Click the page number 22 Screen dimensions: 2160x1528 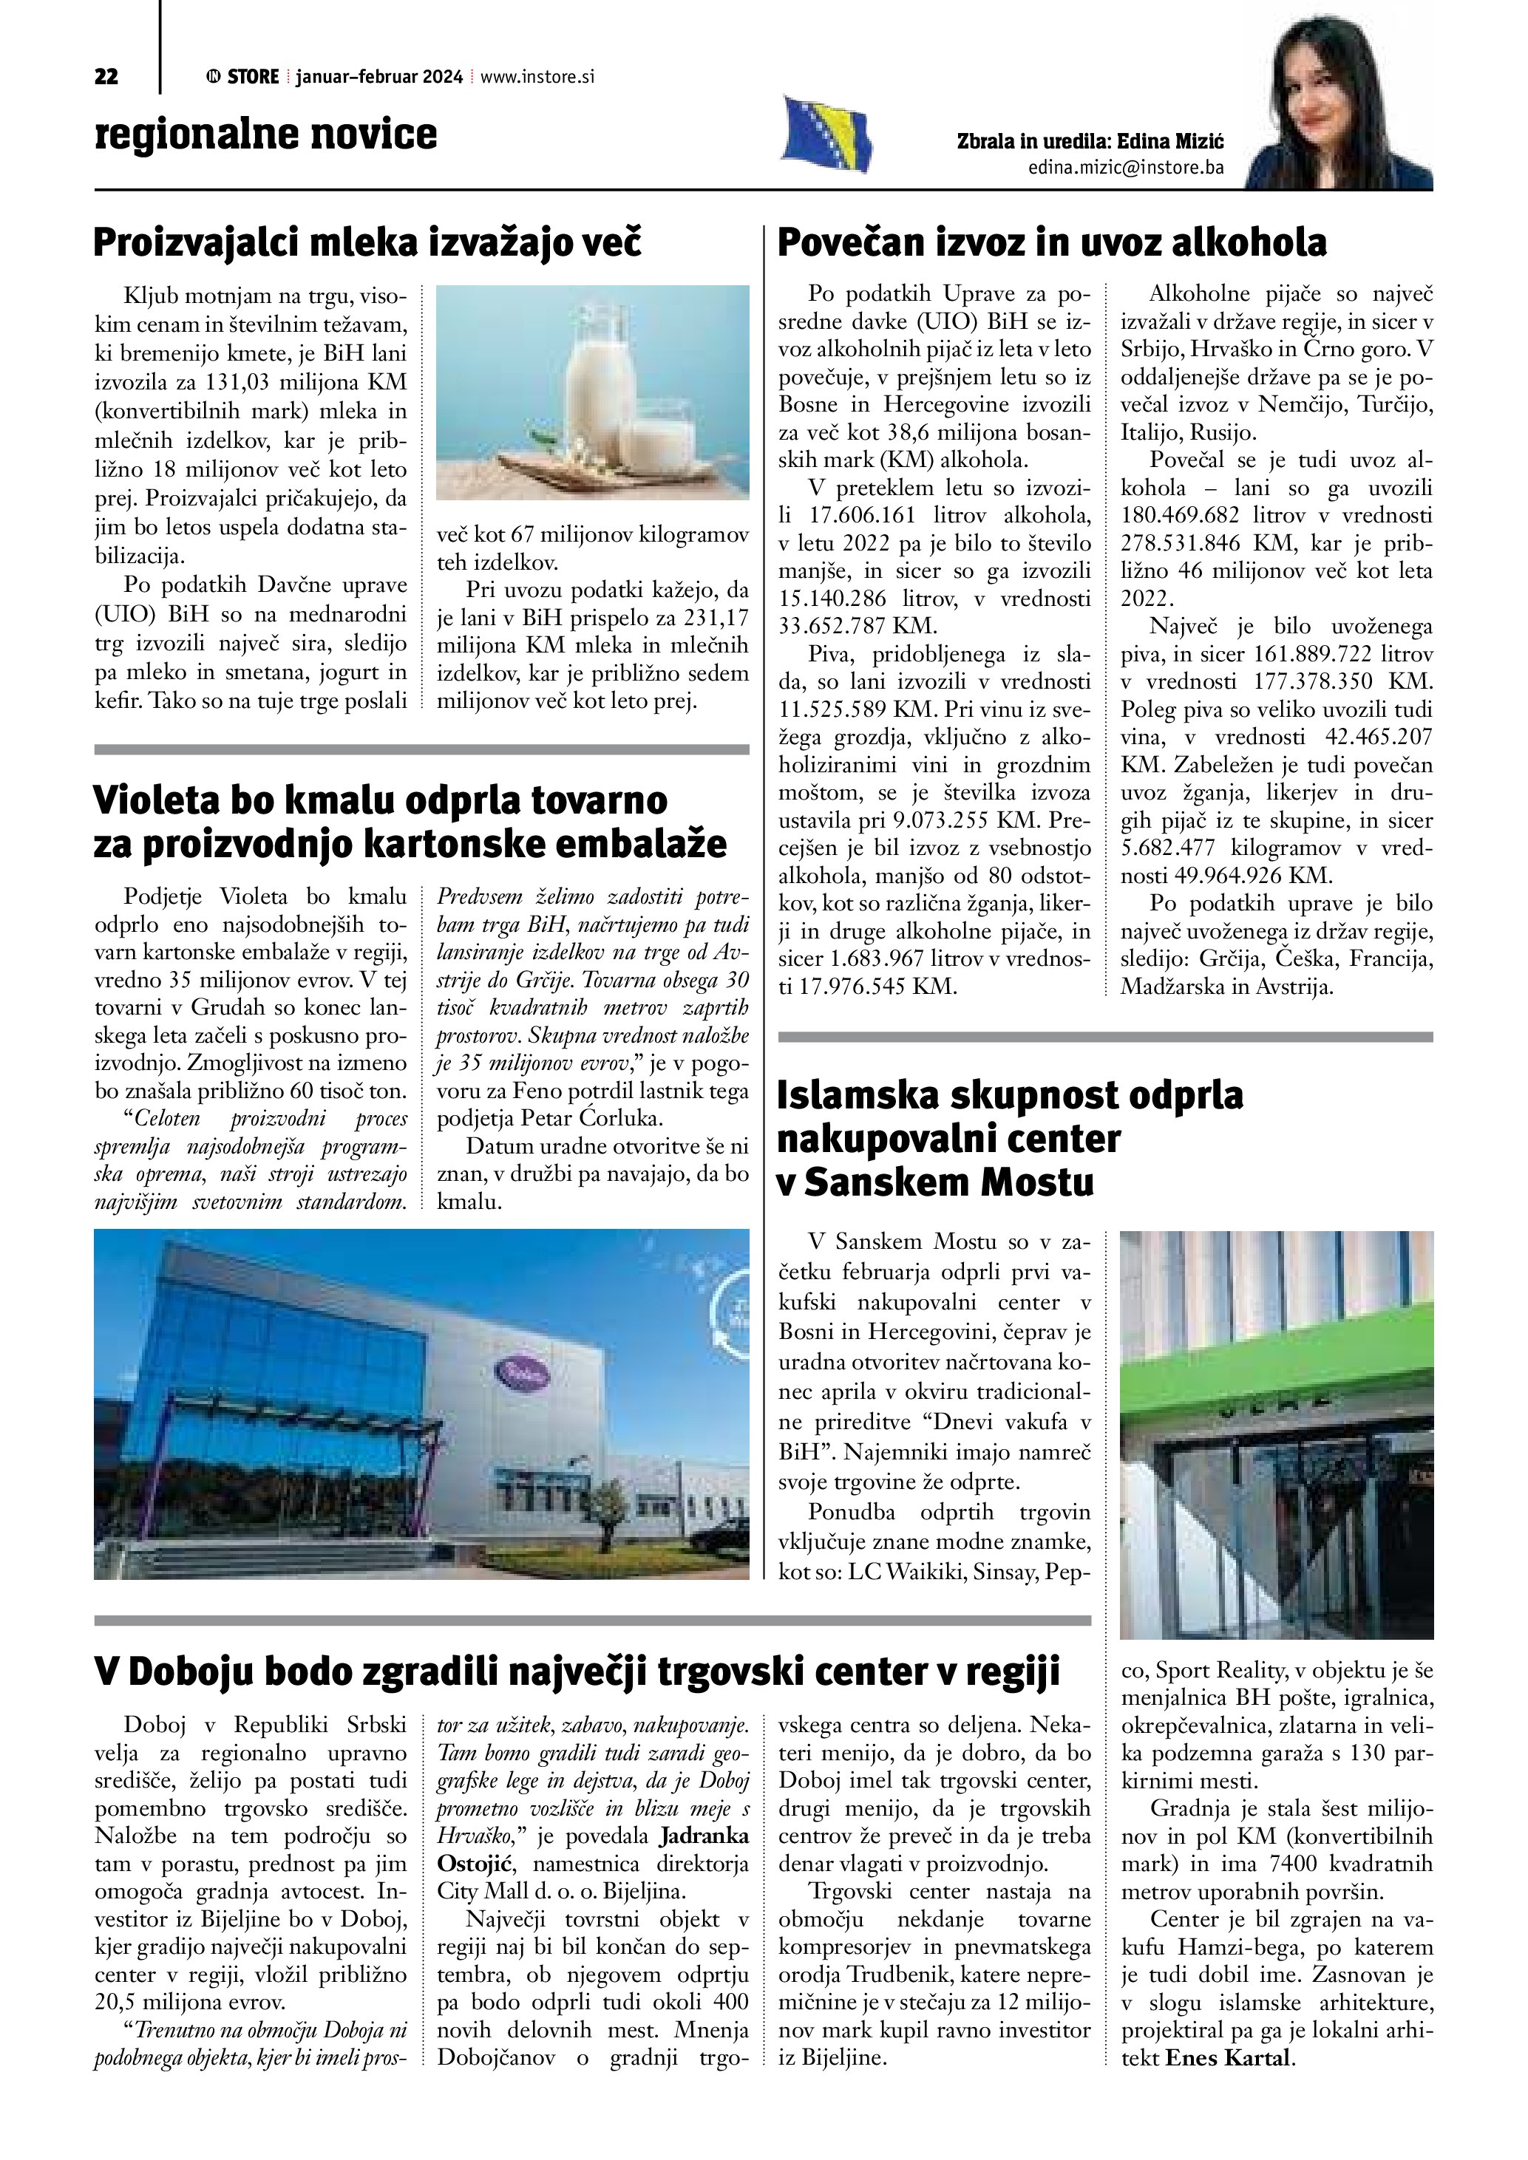click(106, 77)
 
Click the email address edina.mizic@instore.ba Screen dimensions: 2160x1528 click(1125, 168)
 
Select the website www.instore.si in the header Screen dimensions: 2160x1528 click(537, 77)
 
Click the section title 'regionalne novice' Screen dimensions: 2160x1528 click(265, 134)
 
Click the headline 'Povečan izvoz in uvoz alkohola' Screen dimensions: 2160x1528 click(1051, 242)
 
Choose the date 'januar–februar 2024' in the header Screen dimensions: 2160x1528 click(378, 77)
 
